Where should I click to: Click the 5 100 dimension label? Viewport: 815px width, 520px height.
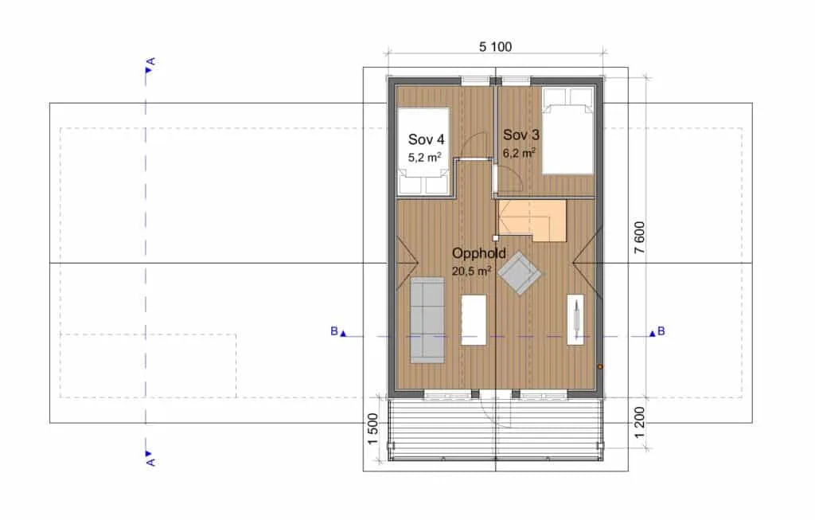click(495, 47)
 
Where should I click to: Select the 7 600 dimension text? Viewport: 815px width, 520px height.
click(639, 237)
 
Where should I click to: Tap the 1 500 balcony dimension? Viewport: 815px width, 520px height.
click(372, 429)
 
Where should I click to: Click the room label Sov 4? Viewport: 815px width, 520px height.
click(427, 139)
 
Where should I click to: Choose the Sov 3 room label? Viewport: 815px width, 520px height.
click(521, 135)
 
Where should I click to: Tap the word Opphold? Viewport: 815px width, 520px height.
click(478, 254)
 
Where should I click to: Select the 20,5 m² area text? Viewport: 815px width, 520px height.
click(472, 271)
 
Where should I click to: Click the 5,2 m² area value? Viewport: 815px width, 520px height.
click(425, 157)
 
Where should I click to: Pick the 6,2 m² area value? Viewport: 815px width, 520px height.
click(519, 153)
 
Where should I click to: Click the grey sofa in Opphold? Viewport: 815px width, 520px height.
click(427, 320)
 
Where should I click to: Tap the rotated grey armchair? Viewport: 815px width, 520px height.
click(519, 273)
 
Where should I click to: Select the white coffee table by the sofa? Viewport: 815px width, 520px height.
click(474, 320)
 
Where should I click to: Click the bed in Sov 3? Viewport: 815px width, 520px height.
click(567, 131)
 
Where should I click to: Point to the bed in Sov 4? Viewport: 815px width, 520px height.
click(423, 151)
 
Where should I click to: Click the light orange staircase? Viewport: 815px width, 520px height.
click(532, 220)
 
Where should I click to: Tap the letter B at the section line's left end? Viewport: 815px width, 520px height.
click(334, 331)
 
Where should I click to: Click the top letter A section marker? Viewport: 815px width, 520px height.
click(150, 62)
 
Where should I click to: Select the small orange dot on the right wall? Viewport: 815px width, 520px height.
click(600, 366)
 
